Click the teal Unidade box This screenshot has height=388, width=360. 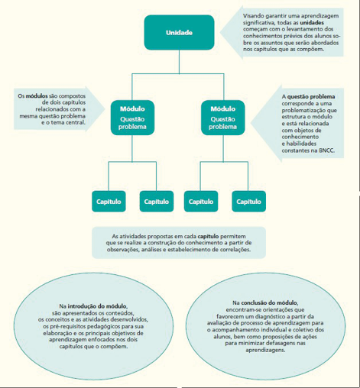pos(180,33)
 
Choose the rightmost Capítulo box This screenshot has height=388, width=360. pos(248,201)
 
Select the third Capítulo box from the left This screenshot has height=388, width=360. pos(200,201)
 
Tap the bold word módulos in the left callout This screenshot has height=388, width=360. pos(37,95)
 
